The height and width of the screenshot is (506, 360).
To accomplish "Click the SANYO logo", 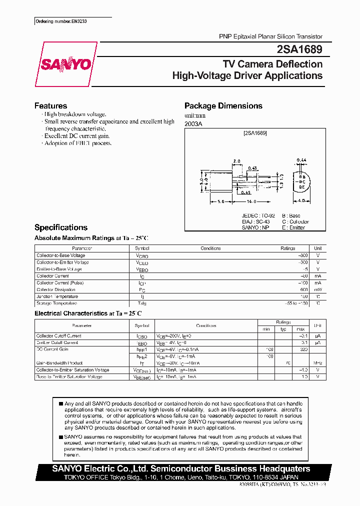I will [66, 64].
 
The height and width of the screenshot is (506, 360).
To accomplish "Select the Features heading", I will [50, 105].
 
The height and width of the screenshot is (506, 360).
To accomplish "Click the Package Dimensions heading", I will [223, 105].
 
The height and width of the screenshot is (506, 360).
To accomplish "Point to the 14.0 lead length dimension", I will [251, 202].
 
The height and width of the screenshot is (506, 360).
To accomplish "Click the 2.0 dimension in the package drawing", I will [236, 161].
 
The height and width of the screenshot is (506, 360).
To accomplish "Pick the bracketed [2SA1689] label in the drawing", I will [255, 133].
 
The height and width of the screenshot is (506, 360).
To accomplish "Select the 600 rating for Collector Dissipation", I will [303, 289].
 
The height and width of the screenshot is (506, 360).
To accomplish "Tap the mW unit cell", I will [317, 289].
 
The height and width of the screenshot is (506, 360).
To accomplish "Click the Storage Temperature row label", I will [56, 303].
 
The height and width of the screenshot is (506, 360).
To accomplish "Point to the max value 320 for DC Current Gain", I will [302, 349].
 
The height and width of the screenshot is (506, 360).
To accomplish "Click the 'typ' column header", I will [283, 329].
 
